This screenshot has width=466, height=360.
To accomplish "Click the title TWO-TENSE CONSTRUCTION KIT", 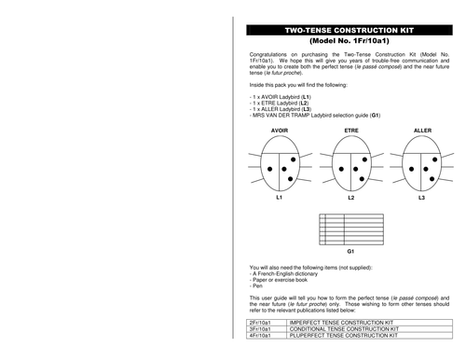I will coord(349,30).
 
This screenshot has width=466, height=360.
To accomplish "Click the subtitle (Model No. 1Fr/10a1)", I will coord(349,43).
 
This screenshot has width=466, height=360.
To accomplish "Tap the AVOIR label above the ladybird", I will coord(279,131).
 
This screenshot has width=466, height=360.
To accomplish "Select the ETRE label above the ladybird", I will coord(351,131).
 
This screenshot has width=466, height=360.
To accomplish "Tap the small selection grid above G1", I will coord(349,228).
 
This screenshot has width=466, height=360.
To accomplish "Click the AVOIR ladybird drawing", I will coord(279,165).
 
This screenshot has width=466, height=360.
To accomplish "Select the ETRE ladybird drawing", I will coord(350,165).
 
